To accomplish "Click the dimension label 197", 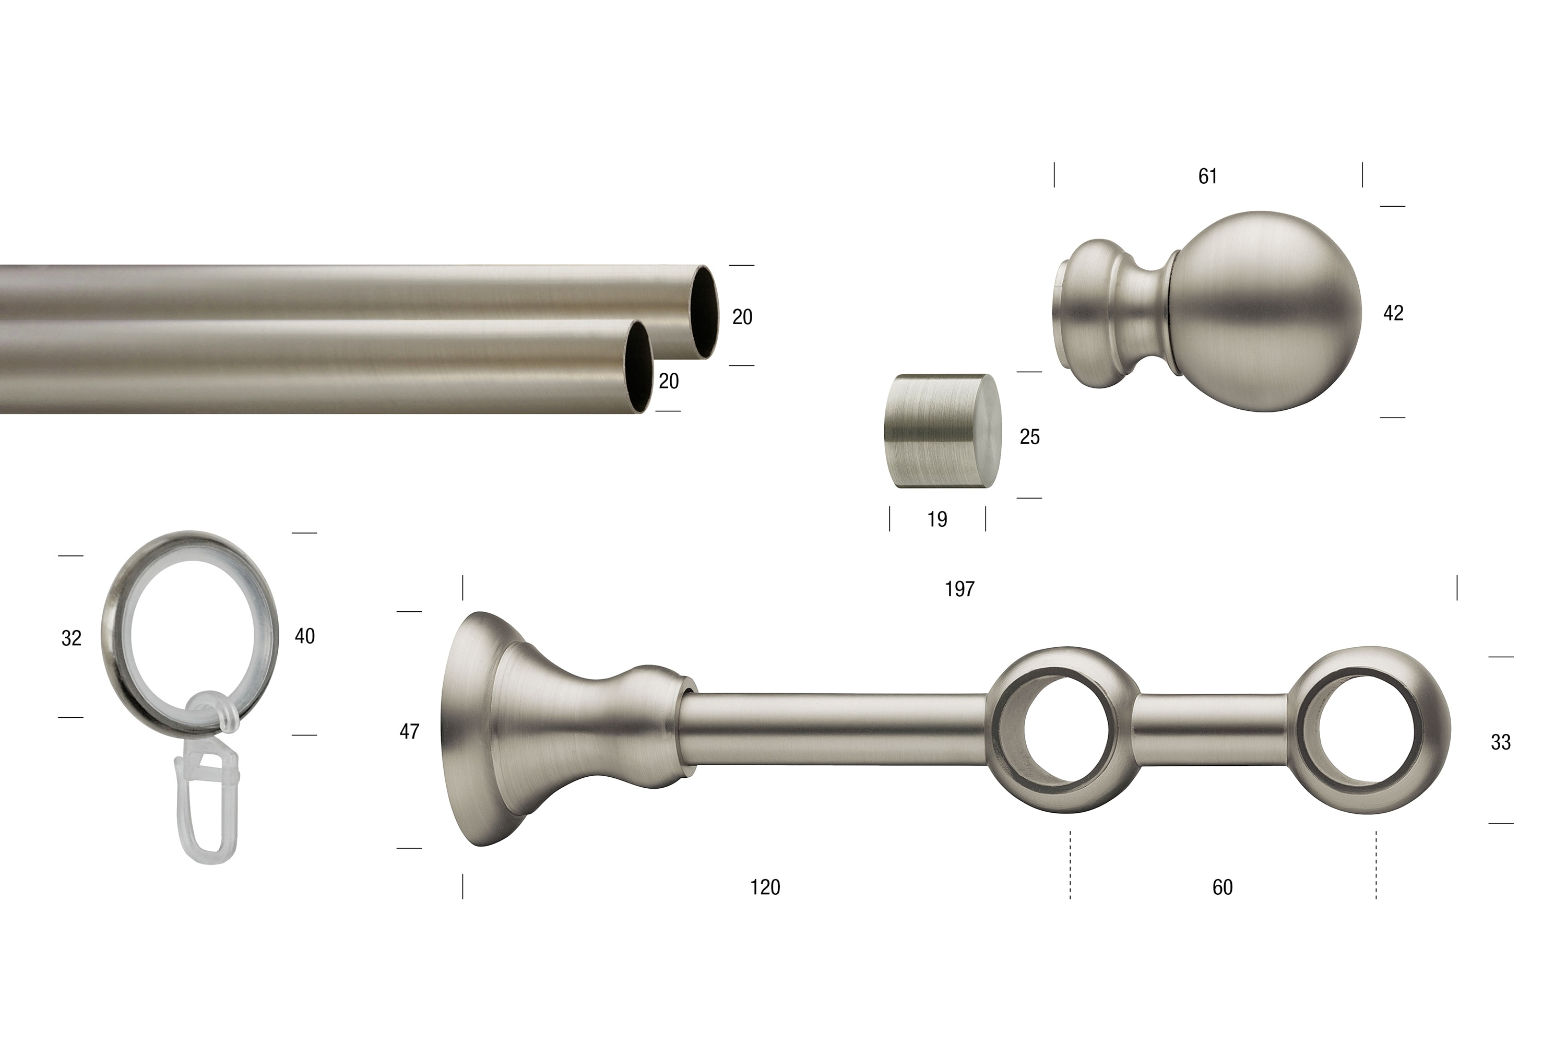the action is (x=959, y=589).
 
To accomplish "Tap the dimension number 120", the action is (x=765, y=887).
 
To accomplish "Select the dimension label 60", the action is (x=1223, y=887).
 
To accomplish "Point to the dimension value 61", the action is (x=1208, y=176).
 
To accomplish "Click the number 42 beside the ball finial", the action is (x=1394, y=313).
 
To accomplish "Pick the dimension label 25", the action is (x=1029, y=437).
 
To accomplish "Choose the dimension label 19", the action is (x=937, y=519).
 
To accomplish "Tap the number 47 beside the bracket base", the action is (x=409, y=732).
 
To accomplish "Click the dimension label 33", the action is (x=1501, y=742).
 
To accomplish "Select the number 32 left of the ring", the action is (x=71, y=638).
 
